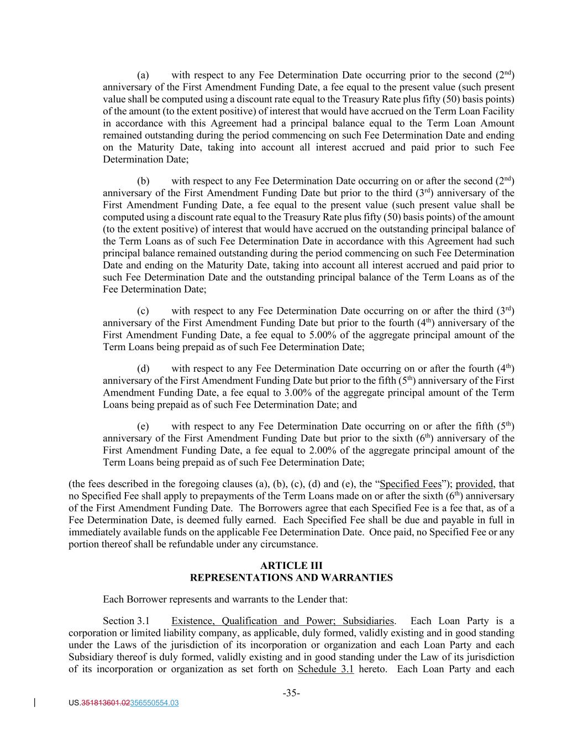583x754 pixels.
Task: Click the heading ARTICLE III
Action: tap(291, 566)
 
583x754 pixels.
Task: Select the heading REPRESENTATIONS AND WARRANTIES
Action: tap(291, 578)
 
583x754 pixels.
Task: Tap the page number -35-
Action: tap(291, 693)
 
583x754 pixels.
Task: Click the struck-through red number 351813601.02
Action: tap(106, 703)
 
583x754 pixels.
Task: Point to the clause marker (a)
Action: tap(143, 76)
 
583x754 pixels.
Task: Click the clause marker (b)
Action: tap(143, 181)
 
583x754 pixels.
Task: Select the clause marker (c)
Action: tap(143, 311)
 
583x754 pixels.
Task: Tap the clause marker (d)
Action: tap(143, 369)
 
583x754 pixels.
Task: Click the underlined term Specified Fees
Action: tap(411, 484)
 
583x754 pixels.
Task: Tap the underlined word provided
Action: tap(474, 484)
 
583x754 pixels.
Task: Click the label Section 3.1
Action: tap(127, 621)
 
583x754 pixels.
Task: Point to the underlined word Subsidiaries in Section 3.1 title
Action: tap(368, 621)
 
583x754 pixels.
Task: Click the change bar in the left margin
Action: tap(35, 703)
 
